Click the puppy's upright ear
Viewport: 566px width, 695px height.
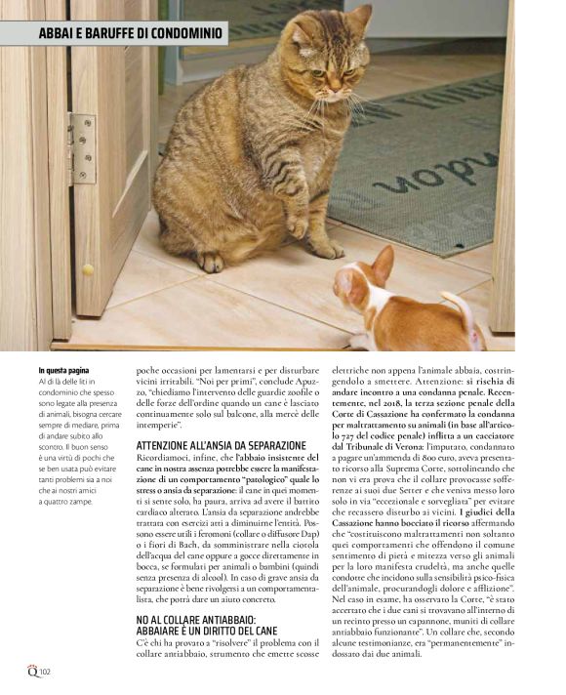click(383, 262)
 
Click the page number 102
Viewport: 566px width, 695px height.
click(45, 673)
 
